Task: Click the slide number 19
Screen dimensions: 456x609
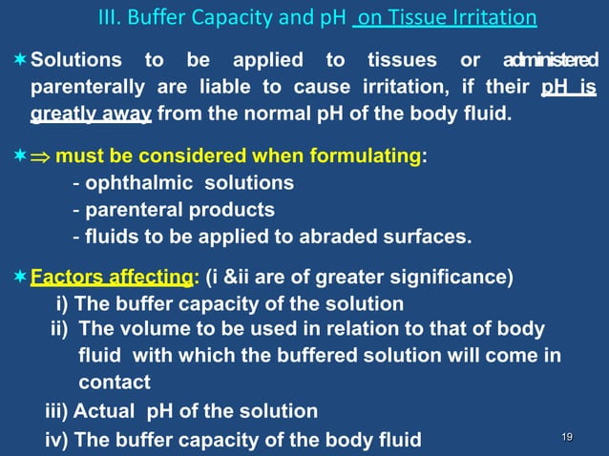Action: click(x=567, y=437)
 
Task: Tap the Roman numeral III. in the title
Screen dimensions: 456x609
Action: click(x=113, y=19)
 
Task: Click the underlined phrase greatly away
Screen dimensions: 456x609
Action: click(x=91, y=116)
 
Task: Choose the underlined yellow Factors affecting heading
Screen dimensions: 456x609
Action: click(x=113, y=279)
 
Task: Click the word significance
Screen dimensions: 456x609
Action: click(x=454, y=279)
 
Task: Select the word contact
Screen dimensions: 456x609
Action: click(x=115, y=383)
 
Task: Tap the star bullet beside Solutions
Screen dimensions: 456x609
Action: click(x=19, y=61)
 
